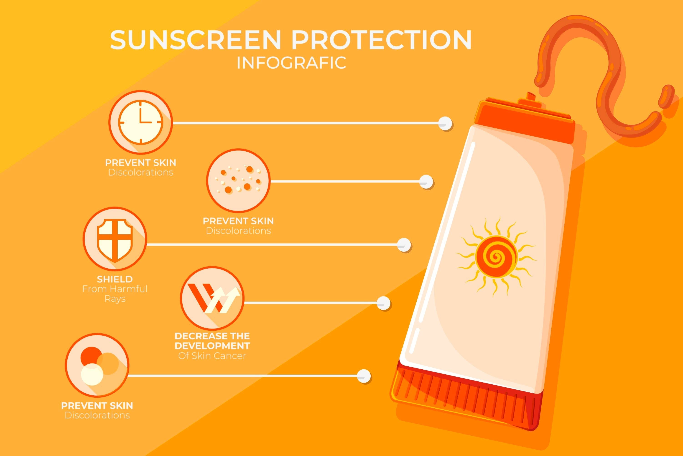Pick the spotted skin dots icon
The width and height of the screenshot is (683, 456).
pos(238,180)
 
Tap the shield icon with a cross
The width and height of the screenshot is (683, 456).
pos(115,239)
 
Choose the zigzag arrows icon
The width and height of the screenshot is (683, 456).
pos(212,298)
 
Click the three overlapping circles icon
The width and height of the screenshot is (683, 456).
pos(97,365)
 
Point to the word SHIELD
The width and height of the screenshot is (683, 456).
pos(115,279)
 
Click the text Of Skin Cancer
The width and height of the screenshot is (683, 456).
pos(212,356)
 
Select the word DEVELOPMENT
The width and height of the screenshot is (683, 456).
pos(212,346)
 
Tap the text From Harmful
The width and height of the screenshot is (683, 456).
pos(115,289)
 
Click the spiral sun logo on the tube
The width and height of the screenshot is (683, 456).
pos(496,257)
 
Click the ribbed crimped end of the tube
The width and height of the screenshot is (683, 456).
pos(465,397)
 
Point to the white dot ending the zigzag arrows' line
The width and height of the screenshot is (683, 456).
pos(384,303)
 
